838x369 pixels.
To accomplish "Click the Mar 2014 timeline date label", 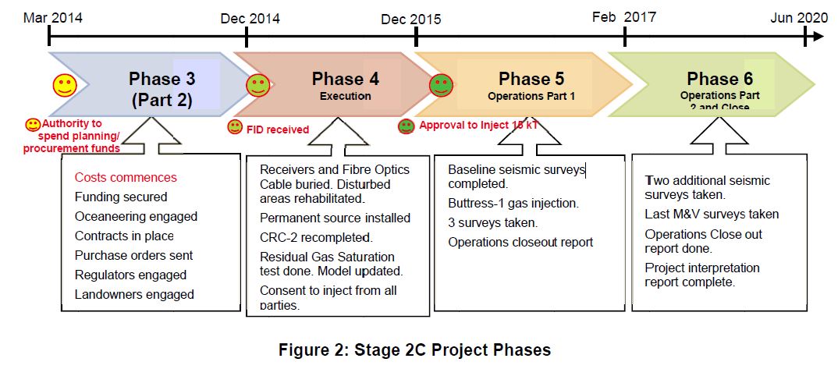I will coord(52,16).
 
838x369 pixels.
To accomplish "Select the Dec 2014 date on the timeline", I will coord(250,17).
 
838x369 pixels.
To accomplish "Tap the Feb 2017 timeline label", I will coord(624,16).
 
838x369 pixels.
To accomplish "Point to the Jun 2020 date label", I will coord(798,17).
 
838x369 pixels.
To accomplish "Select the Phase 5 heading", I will coord(531,79).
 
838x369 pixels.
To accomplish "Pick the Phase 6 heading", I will coord(719,79).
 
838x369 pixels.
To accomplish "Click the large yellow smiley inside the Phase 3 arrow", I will coord(65,86).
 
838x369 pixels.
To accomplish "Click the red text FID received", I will coord(279,129).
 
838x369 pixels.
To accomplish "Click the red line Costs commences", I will coord(126,177).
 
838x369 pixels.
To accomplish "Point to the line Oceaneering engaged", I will coord(136,216).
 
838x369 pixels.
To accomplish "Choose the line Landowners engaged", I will coord(134,294).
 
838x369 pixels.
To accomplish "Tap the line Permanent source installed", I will coord(335,218).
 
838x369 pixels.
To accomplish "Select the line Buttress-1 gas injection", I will coord(513,204).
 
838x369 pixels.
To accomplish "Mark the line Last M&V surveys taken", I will coord(712,214).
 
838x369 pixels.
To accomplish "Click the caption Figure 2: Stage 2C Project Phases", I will coord(414,349).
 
